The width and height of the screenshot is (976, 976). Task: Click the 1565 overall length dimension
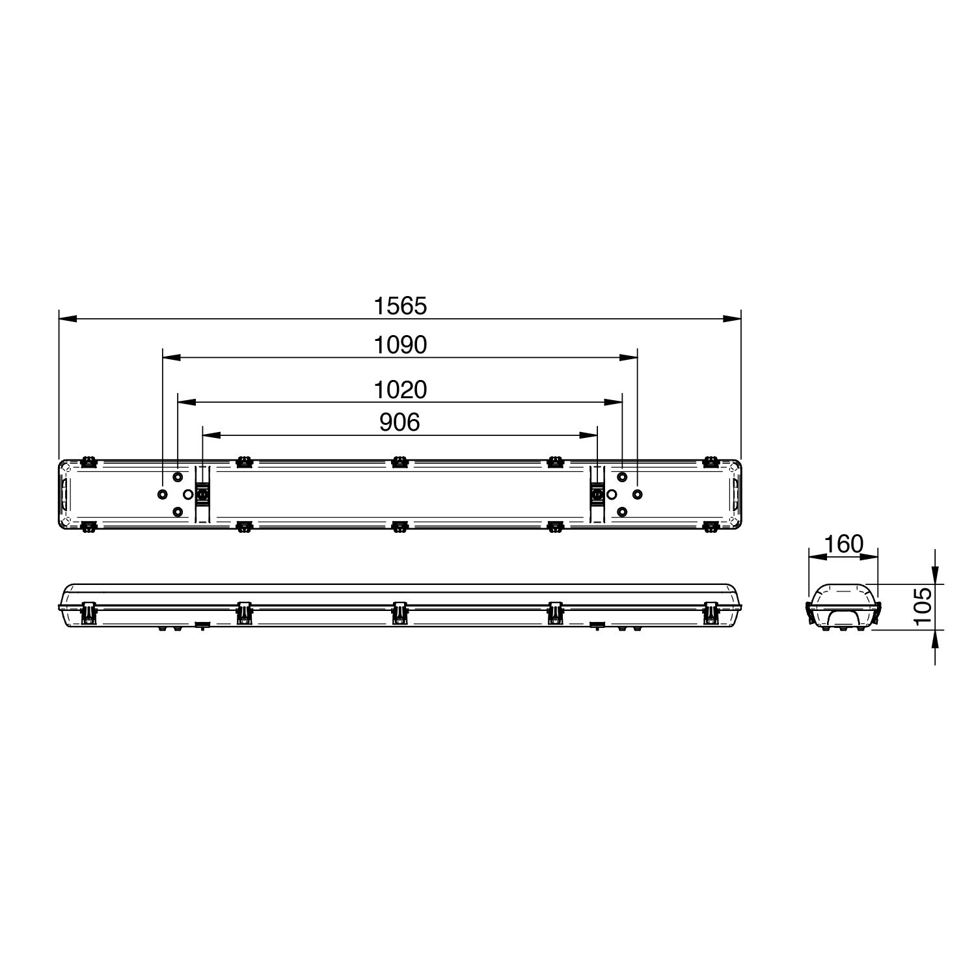[400, 306]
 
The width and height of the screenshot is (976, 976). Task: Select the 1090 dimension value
[400, 345]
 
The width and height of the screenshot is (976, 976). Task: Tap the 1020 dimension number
[400, 390]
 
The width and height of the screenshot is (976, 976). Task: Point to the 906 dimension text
[400, 422]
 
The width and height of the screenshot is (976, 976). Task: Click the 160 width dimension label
[843, 543]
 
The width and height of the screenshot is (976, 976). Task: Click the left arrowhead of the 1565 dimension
[68, 319]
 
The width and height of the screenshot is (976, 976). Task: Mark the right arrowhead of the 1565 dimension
[732, 319]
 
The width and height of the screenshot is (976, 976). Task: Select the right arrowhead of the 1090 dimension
[629, 357]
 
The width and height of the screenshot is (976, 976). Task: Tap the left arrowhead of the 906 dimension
[212, 434]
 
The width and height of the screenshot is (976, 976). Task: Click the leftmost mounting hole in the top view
[162, 495]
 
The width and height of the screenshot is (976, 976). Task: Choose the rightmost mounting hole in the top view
[638, 495]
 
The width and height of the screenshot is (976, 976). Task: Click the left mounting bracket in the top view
[203, 495]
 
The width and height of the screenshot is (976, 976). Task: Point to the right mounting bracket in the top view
[597, 495]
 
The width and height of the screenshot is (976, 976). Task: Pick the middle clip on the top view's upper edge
[400, 463]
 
